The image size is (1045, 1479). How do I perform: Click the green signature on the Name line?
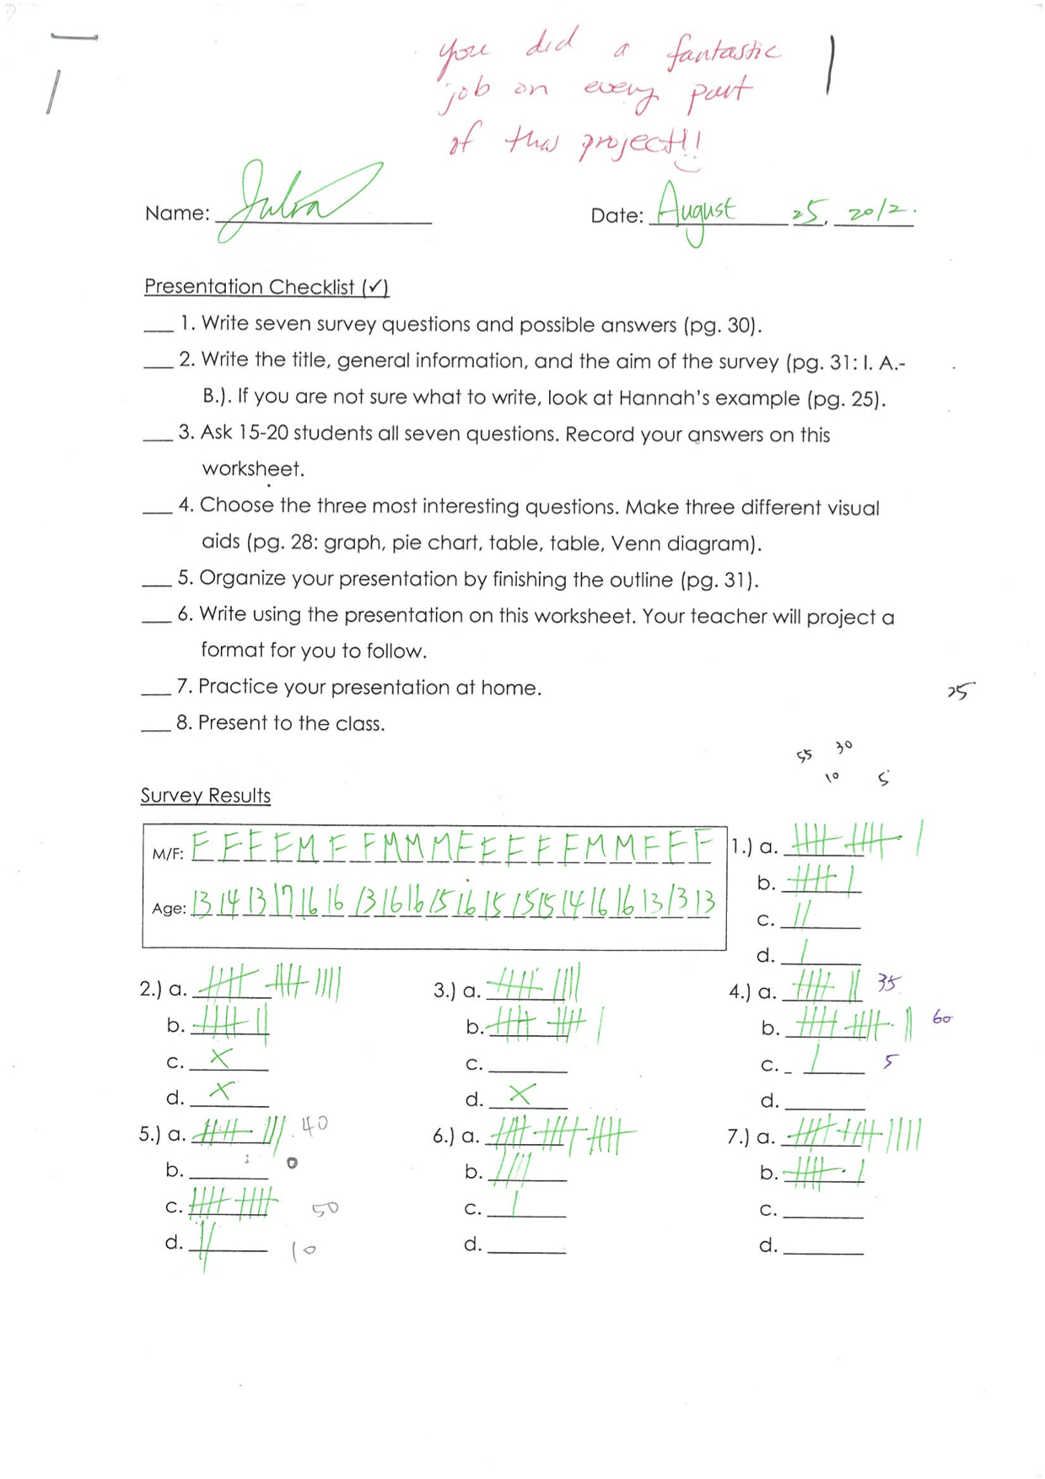(x=295, y=201)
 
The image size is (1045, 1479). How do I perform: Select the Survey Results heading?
(x=206, y=796)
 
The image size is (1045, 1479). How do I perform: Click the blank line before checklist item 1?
(x=158, y=327)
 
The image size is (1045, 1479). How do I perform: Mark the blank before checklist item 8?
(x=156, y=726)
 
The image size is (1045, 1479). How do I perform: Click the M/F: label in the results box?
(x=168, y=854)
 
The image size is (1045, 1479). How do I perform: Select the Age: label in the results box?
(x=169, y=909)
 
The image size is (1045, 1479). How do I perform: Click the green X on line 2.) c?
(x=221, y=1057)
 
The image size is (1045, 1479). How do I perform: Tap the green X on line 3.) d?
(x=521, y=1094)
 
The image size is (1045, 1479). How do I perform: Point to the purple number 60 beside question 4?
(x=942, y=1018)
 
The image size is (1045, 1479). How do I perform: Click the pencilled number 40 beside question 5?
(x=314, y=1125)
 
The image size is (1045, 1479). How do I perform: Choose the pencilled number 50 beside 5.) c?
(x=325, y=1209)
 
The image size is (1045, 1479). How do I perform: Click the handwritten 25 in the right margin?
(x=960, y=691)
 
